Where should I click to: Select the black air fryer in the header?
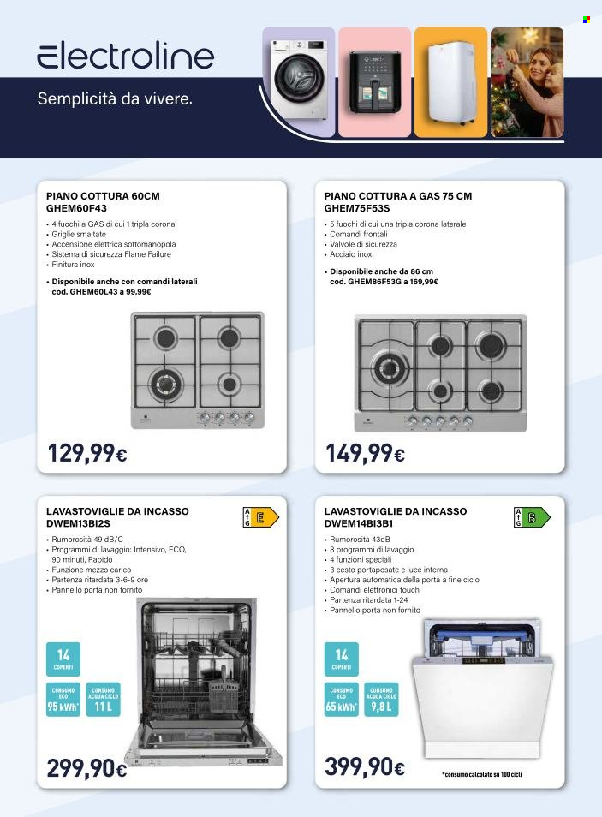[x=374, y=81]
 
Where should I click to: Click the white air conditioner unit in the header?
[x=450, y=83]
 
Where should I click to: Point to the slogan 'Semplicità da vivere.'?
[x=115, y=98]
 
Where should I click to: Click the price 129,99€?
[x=86, y=453]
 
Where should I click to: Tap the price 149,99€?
[x=365, y=453]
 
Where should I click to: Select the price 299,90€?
[x=86, y=768]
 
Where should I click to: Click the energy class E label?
[x=262, y=516]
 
